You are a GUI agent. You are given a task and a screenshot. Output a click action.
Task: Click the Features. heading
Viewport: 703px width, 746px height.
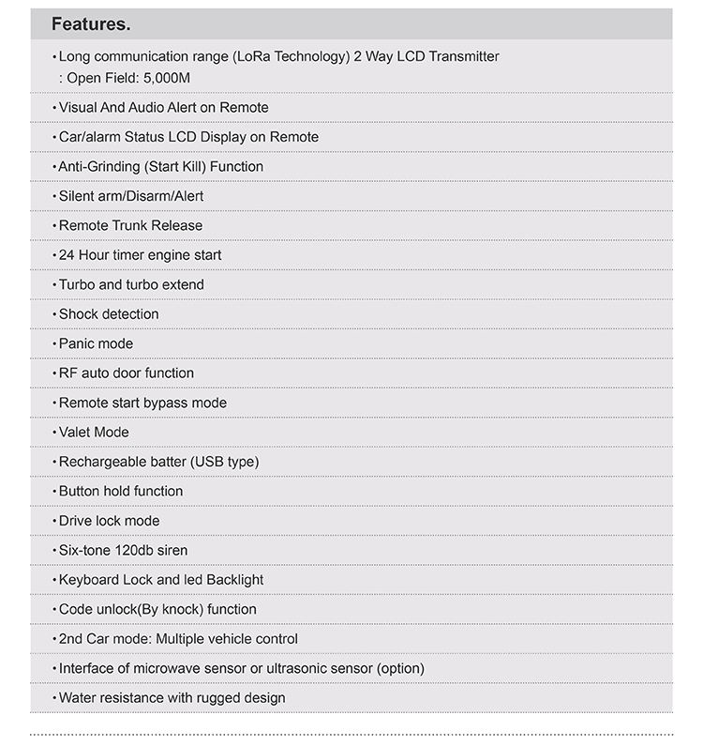91,23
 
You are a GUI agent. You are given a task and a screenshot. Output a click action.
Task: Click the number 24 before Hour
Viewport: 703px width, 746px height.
67,255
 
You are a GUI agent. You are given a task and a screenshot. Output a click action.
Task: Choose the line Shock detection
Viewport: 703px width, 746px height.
109,314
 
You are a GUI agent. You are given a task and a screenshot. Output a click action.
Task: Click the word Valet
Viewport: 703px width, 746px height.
75,432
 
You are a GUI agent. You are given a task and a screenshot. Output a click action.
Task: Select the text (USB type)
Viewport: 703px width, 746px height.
225,462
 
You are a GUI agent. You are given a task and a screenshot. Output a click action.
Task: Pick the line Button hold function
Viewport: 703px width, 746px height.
121,491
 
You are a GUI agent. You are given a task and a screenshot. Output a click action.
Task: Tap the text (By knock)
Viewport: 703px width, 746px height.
171,609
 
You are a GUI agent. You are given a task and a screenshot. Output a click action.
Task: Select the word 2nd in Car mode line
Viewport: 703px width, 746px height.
71,639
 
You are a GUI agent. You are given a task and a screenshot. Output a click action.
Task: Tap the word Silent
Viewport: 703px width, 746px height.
76,196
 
